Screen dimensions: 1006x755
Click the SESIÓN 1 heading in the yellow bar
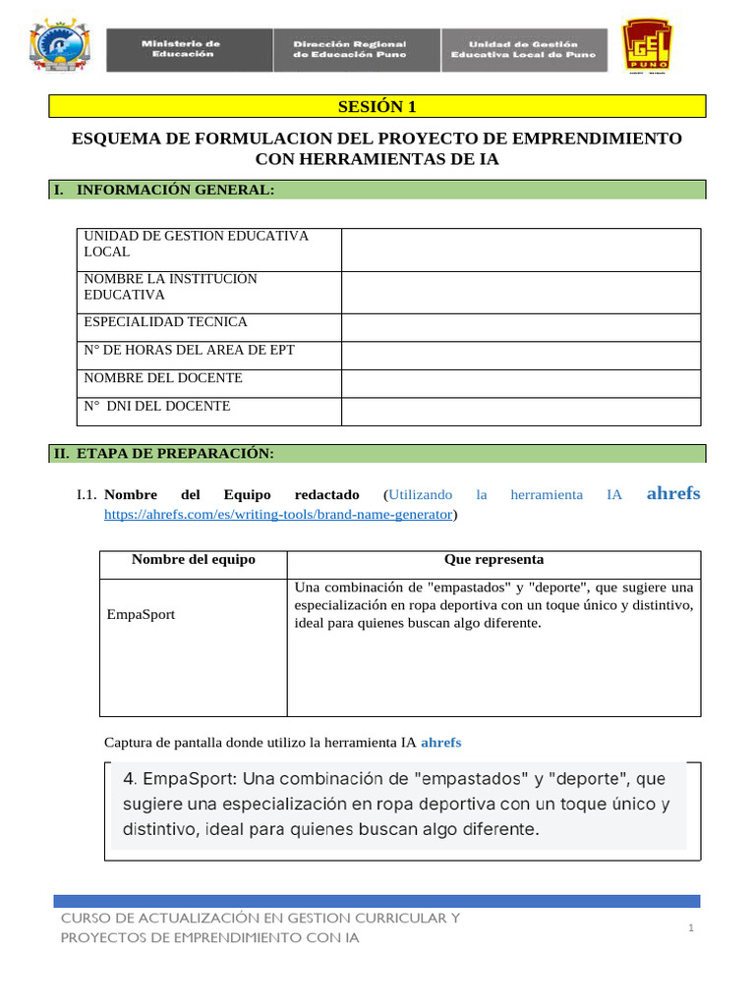(377, 106)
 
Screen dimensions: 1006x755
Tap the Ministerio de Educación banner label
(181, 49)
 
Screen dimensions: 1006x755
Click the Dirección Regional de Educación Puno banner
(350, 49)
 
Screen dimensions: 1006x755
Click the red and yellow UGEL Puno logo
(649, 47)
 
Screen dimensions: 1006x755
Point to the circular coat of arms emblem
(61, 47)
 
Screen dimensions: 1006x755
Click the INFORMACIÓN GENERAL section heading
(175, 190)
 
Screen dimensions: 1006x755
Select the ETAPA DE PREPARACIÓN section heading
(174, 453)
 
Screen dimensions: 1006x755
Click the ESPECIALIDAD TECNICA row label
(165, 322)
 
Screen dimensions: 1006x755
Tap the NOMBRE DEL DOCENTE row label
(163, 378)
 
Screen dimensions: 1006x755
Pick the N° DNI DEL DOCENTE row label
(157, 406)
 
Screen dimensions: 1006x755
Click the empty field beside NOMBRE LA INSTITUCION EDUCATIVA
(520, 292)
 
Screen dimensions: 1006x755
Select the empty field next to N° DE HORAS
(520, 355)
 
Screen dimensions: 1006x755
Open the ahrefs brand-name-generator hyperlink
(279, 514)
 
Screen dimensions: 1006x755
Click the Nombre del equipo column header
(193, 560)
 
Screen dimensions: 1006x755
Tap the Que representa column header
(494, 560)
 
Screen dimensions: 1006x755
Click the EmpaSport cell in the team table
(142, 614)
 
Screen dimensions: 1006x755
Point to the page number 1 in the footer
(691, 928)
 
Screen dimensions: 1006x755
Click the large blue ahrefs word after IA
(673, 493)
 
